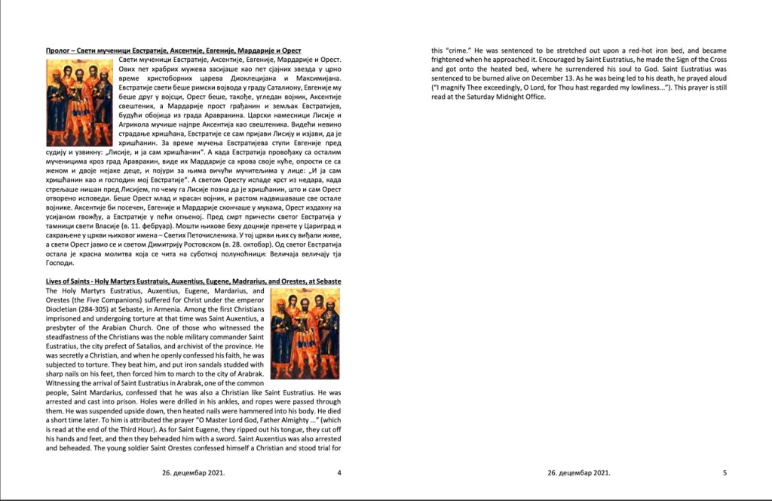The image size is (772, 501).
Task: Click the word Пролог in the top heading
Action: [58, 50]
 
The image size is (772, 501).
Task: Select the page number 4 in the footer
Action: [339, 473]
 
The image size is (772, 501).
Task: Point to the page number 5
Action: [725, 473]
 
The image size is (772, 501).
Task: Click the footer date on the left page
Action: [193, 473]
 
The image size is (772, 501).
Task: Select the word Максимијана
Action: [316, 78]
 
